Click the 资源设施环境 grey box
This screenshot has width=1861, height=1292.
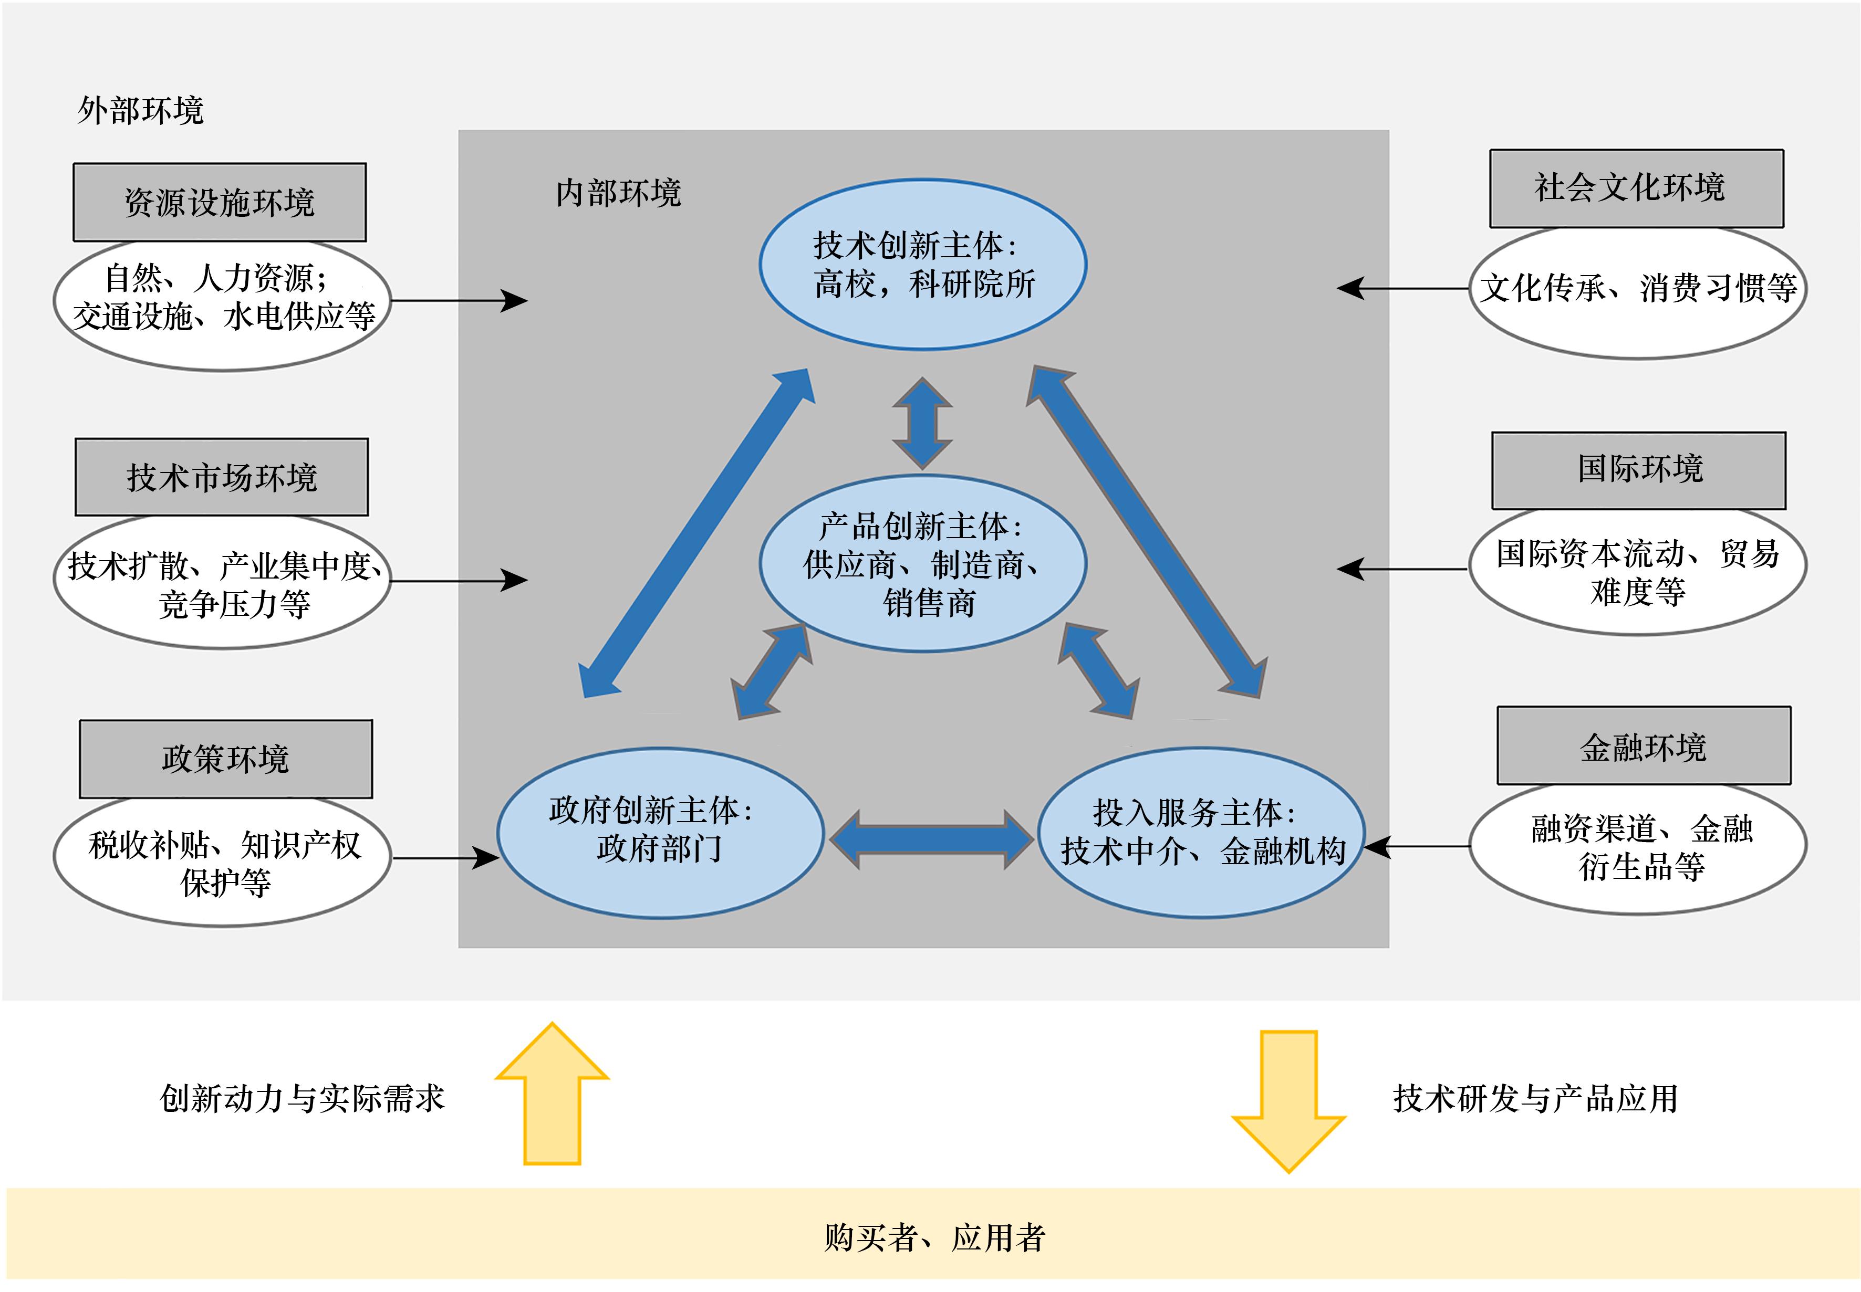pyautogui.click(x=220, y=202)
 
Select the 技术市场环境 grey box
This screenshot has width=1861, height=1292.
pyautogui.click(x=221, y=478)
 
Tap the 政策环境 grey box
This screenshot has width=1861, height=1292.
pyautogui.click(x=225, y=759)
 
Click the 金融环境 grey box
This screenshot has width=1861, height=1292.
pyautogui.click(x=1643, y=745)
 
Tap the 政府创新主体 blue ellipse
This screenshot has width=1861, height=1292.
pyautogui.click(x=660, y=832)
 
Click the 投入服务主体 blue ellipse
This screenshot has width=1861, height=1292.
pyautogui.click(x=1201, y=832)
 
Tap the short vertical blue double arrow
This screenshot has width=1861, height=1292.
pyautogui.click(x=922, y=423)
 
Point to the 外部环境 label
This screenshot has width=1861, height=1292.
pyautogui.click(x=140, y=110)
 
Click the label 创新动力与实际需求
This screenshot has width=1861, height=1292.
pyautogui.click(x=302, y=1098)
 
